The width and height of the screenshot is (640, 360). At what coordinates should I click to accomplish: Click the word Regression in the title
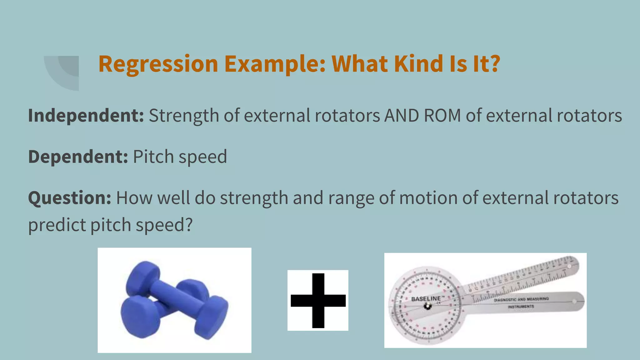tap(158, 64)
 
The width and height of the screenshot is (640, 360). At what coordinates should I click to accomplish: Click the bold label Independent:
tap(86, 116)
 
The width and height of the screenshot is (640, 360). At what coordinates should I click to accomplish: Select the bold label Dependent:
tap(78, 157)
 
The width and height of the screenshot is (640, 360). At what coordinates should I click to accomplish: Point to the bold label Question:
tap(69, 198)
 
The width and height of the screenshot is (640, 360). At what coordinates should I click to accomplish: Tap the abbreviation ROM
tap(442, 116)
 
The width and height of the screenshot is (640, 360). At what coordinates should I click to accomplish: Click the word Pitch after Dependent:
tap(153, 157)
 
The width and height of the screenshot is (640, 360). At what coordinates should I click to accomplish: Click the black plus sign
tap(318, 300)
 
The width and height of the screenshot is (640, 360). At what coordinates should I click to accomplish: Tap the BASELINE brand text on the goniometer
tap(426, 299)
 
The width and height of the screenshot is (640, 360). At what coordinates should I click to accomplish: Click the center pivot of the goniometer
tap(427, 307)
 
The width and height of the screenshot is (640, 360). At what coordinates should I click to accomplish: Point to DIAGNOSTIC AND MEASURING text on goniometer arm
tap(521, 299)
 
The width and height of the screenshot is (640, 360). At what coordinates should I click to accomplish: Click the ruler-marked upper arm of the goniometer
tap(525, 277)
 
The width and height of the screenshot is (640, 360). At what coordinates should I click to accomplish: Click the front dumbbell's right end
tap(212, 318)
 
